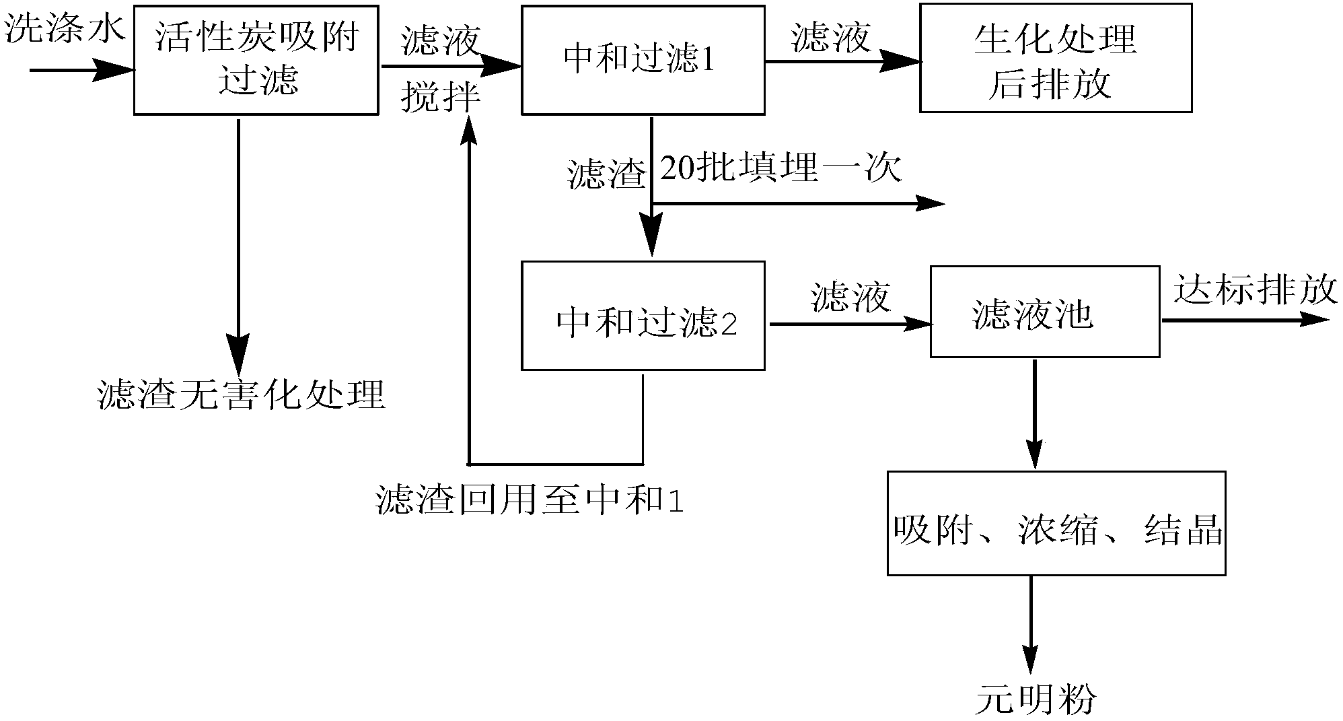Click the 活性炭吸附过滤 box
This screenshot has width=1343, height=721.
[256, 61]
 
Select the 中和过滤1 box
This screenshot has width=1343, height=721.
[643, 61]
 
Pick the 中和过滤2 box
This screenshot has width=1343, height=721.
[643, 316]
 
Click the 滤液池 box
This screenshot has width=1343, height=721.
[1044, 312]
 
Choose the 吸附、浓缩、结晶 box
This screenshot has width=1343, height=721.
[1056, 523]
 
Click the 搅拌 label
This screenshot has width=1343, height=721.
[441, 98]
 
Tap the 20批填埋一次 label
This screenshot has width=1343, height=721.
[781, 168]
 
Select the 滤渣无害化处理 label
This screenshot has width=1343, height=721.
[241, 394]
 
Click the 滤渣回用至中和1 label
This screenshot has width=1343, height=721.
[530, 501]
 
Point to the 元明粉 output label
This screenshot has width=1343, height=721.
[1036, 699]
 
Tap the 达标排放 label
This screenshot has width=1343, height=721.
[1255, 290]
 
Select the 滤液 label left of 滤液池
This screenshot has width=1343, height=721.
[850, 296]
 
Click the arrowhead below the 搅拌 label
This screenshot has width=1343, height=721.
[469, 129]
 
